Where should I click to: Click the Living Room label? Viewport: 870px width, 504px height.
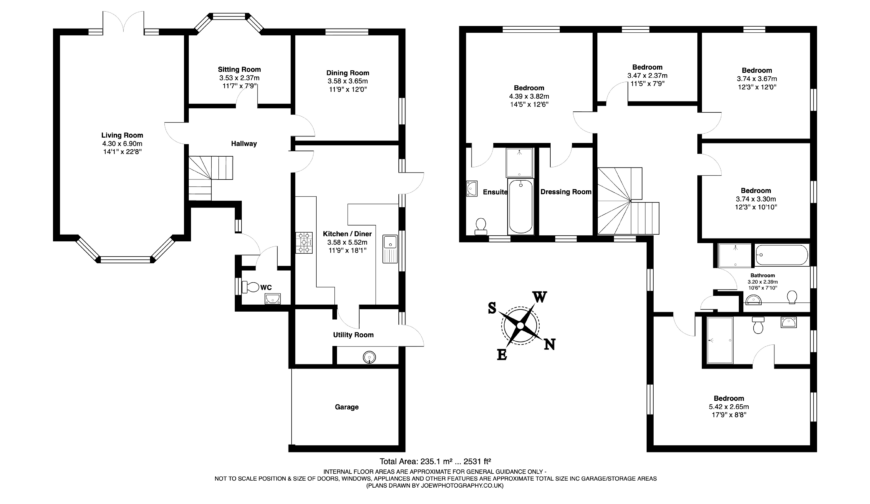[x=121, y=134]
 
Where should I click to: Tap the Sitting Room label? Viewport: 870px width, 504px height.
[x=239, y=69]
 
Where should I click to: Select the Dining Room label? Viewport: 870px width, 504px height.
[x=347, y=73]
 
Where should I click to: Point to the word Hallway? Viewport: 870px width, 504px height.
[x=244, y=144]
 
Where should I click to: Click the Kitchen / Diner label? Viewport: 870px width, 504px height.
[x=346, y=233]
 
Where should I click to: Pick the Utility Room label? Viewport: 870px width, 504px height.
[x=353, y=334]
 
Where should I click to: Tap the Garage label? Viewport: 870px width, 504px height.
[x=346, y=407]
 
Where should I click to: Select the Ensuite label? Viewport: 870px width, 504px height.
[x=495, y=191]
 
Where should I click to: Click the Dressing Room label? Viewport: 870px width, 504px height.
[x=566, y=191]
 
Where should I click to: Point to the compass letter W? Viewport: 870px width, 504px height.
[x=538, y=296]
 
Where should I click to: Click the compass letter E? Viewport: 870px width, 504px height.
[x=502, y=353]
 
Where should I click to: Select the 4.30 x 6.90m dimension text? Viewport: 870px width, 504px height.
[x=121, y=144]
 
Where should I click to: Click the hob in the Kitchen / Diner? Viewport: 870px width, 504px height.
[x=304, y=242]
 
